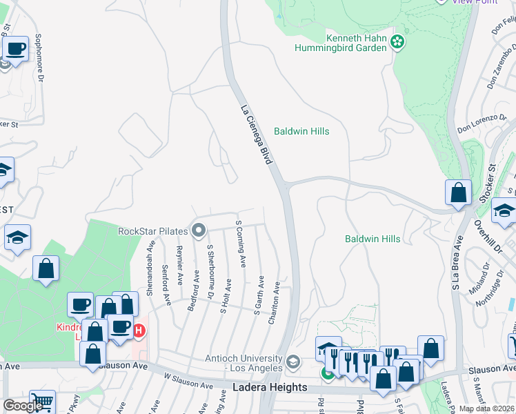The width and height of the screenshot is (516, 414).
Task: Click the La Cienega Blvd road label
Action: tap(255, 135)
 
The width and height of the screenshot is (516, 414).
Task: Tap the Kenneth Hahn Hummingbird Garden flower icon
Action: tap(397, 42)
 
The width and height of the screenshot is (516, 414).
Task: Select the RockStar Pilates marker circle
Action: tap(199, 230)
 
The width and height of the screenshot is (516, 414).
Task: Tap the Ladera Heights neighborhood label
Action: tap(270, 387)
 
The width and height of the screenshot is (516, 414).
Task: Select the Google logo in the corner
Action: tap(23, 406)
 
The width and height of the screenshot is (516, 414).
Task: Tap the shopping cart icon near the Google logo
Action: tap(42, 402)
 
